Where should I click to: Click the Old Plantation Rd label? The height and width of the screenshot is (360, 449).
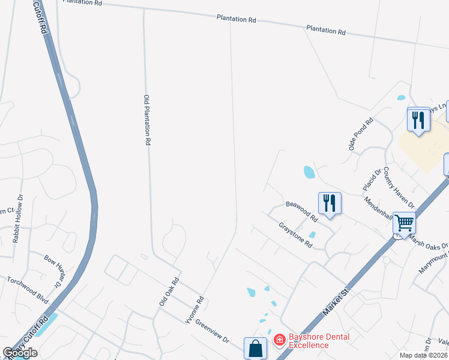(146, 120)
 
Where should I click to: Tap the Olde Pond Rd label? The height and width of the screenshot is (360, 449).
(361, 134)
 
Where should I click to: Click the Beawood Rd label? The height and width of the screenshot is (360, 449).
(301, 211)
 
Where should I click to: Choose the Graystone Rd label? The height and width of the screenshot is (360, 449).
(296, 235)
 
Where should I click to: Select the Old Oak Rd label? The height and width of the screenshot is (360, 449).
(169, 292)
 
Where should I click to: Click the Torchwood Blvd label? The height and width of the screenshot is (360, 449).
(27, 289)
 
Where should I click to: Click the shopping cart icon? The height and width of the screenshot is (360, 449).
(404, 224)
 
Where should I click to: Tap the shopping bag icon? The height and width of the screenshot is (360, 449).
(255, 348)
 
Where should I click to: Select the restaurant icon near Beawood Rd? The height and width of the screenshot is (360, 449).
(329, 203)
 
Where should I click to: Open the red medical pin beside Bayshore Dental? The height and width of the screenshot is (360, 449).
(279, 340)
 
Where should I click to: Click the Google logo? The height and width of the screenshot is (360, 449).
(20, 353)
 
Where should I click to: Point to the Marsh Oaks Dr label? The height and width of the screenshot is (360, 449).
(429, 246)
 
